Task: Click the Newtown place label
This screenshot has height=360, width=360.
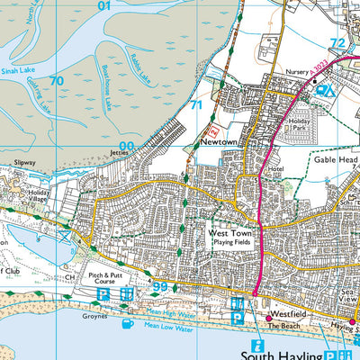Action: pyautogui.click(x=218, y=142)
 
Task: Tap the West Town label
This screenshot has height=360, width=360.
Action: pyautogui.click(x=229, y=232)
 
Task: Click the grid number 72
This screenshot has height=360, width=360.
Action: pyautogui.click(x=338, y=42)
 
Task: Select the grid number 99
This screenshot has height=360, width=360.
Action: pyautogui.click(x=160, y=287)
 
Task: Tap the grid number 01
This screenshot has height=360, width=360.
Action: pyautogui.click(x=104, y=5)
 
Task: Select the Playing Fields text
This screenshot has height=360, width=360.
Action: pyautogui.click(x=229, y=243)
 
